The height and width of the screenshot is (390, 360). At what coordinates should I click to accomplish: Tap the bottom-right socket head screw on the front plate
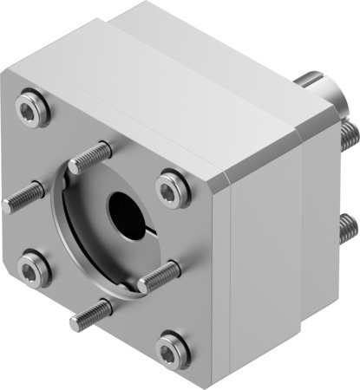click(x=171, y=349)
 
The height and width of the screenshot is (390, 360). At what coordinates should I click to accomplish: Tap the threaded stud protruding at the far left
click(x=20, y=198)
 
